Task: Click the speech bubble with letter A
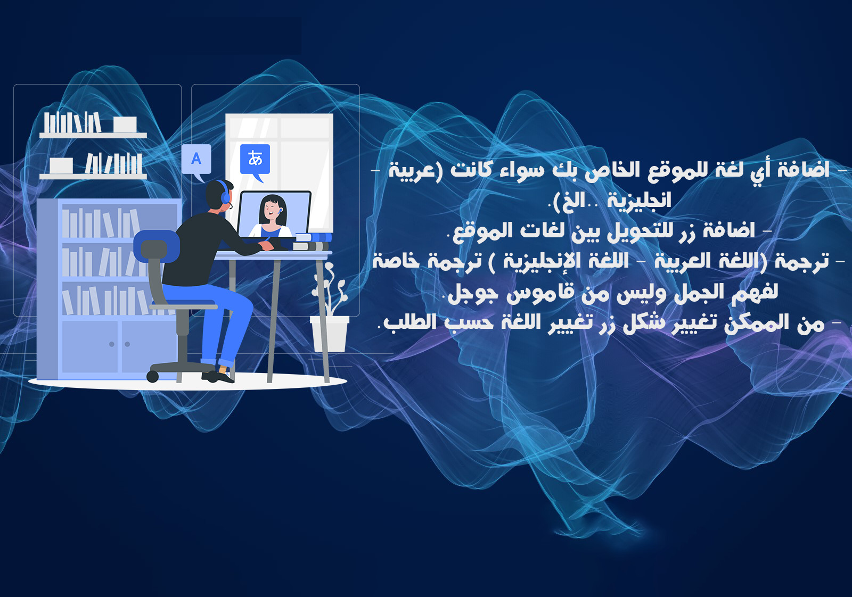(x=196, y=159)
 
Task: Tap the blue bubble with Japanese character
(x=255, y=159)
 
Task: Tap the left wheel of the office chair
(x=153, y=376)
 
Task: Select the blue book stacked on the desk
(x=315, y=237)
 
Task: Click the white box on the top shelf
(x=125, y=124)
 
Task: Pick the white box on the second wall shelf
(x=61, y=165)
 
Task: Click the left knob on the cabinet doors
(x=112, y=344)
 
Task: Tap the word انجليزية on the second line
(x=639, y=201)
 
